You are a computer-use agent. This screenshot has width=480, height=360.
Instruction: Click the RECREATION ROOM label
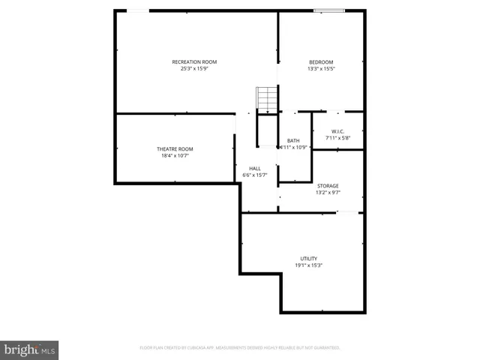194,61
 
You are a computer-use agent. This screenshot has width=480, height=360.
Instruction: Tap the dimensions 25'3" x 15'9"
194,69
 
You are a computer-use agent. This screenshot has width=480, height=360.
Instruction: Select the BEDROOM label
321,61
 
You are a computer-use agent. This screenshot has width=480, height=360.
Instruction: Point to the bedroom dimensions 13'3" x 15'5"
321,69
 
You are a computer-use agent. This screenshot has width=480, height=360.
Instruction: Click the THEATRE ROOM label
175,148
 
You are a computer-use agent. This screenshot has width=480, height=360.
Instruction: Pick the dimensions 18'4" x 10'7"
175,156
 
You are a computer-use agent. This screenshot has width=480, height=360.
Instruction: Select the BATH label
293,140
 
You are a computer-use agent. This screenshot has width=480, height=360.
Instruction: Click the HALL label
255,168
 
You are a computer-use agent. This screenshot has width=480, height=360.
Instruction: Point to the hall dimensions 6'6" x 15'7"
255,175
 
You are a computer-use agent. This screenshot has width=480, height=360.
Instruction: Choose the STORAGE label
328,185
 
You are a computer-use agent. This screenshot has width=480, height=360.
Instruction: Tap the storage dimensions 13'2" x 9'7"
328,193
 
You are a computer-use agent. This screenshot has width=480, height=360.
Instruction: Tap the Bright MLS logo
29,349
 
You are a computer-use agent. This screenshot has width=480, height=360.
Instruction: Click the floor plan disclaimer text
240,348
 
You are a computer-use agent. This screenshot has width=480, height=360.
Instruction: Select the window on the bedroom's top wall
329,10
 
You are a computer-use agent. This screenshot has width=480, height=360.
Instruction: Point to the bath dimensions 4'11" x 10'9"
293,148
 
